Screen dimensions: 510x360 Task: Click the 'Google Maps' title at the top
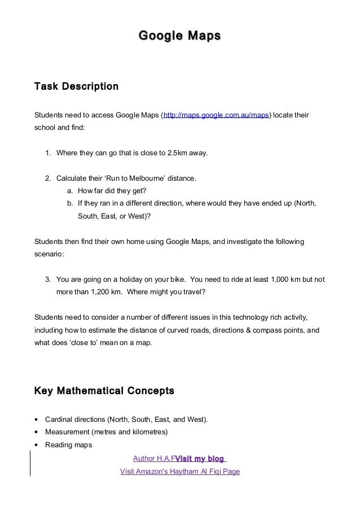coord(179,37)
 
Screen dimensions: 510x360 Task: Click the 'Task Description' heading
coord(76,88)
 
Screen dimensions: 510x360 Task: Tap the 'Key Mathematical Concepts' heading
coord(104,391)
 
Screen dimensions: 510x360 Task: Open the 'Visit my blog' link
coord(200,458)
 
